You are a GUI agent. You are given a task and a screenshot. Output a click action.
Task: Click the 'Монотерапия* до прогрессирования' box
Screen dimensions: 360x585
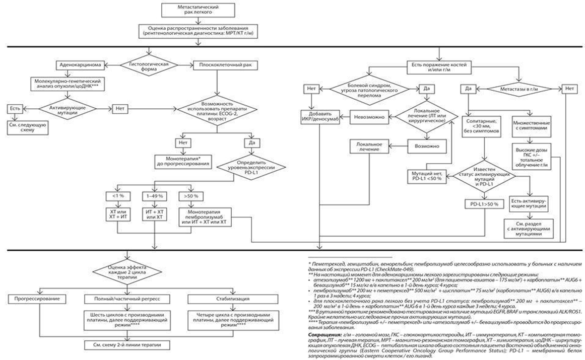tap(183, 160)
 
